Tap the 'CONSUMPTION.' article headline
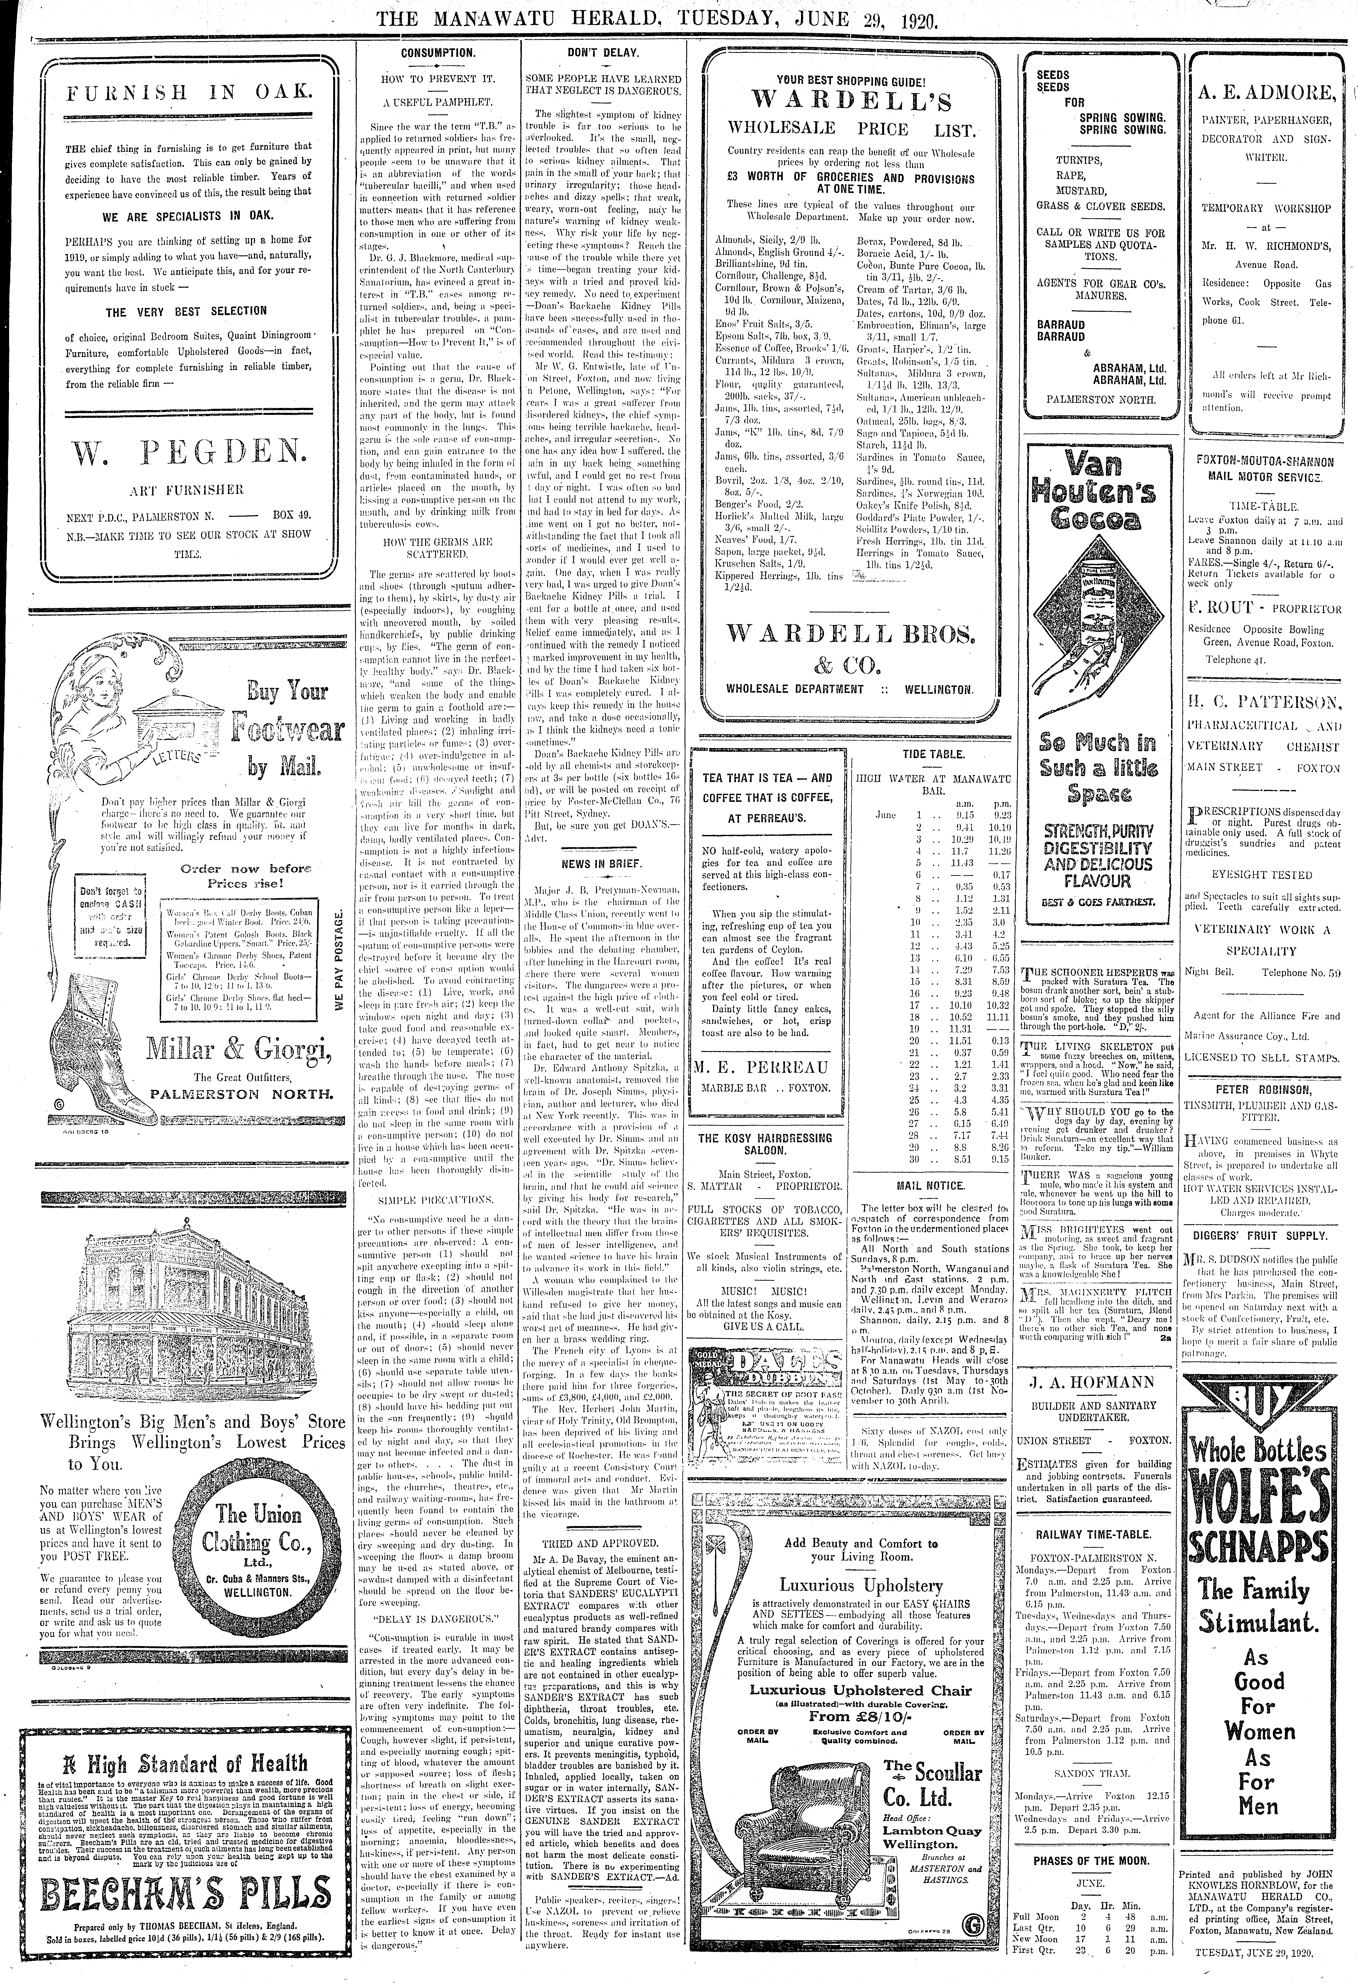pyautogui.click(x=438, y=53)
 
